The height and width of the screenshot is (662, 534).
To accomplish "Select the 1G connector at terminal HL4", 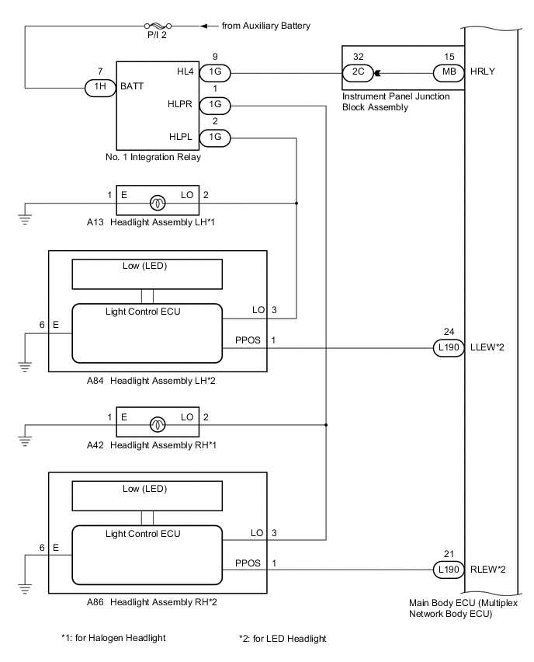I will click(215, 74).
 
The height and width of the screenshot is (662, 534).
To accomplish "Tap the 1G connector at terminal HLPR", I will click(215, 105).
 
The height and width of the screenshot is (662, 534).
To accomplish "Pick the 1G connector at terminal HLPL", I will click(215, 137).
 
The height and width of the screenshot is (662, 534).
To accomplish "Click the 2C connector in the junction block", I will click(359, 74).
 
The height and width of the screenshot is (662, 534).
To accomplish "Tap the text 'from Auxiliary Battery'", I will click(266, 26).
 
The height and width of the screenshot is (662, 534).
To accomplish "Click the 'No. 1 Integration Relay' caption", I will click(158, 158).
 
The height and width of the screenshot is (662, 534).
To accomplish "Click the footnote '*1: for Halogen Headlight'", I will click(114, 639).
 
